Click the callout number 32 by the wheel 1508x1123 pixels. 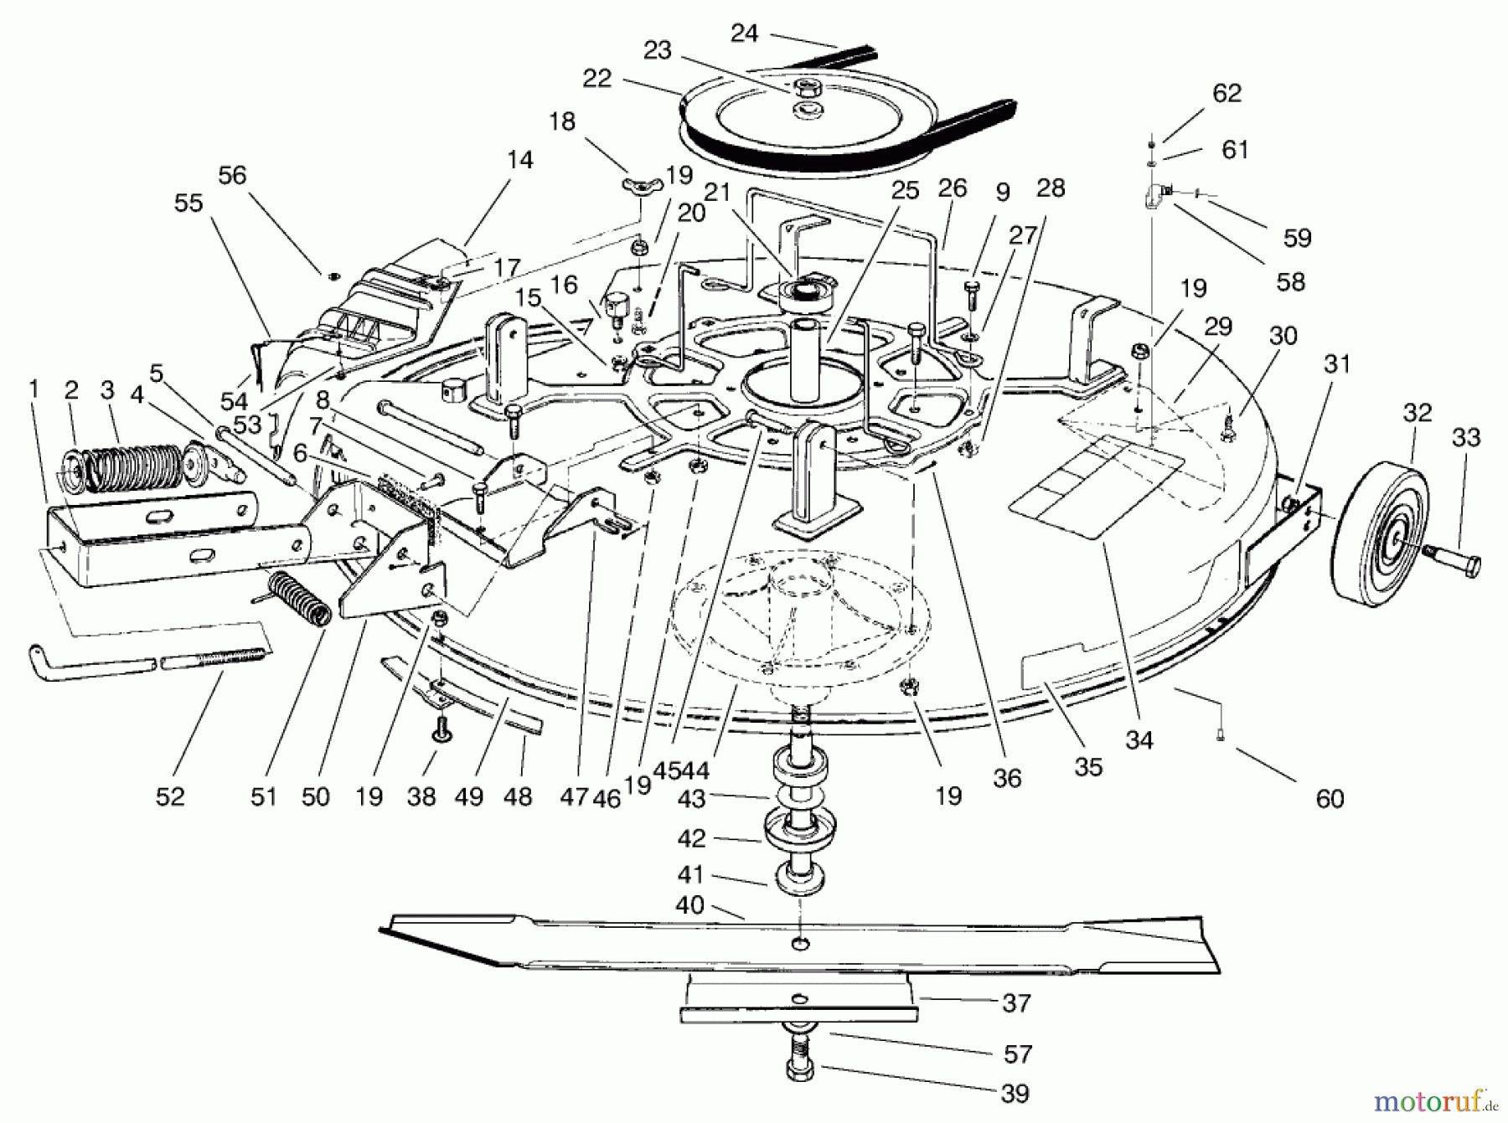(x=1417, y=414)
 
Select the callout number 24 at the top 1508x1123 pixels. (x=744, y=33)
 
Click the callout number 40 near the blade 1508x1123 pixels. (x=690, y=906)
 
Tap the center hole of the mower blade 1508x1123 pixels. (x=801, y=945)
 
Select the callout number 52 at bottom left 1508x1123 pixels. (x=170, y=796)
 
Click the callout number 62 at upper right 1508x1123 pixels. (x=1227, y=93)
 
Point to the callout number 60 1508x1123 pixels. (x=1330, y=798)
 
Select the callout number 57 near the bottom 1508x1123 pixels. (x=1018, y=1053)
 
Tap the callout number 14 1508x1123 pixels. (x=520, y=160)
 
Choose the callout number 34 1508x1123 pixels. (x=1139, y=739)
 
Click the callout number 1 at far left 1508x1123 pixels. (x=34, y=389)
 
